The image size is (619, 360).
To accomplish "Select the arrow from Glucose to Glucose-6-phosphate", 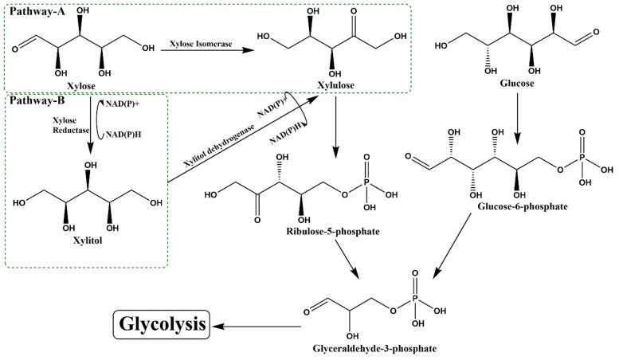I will [x=519, y=115].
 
